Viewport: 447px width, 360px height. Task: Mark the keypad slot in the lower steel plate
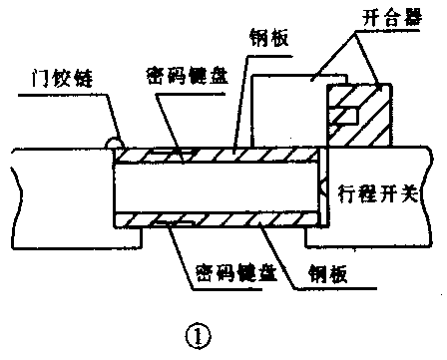click(181, 225)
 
